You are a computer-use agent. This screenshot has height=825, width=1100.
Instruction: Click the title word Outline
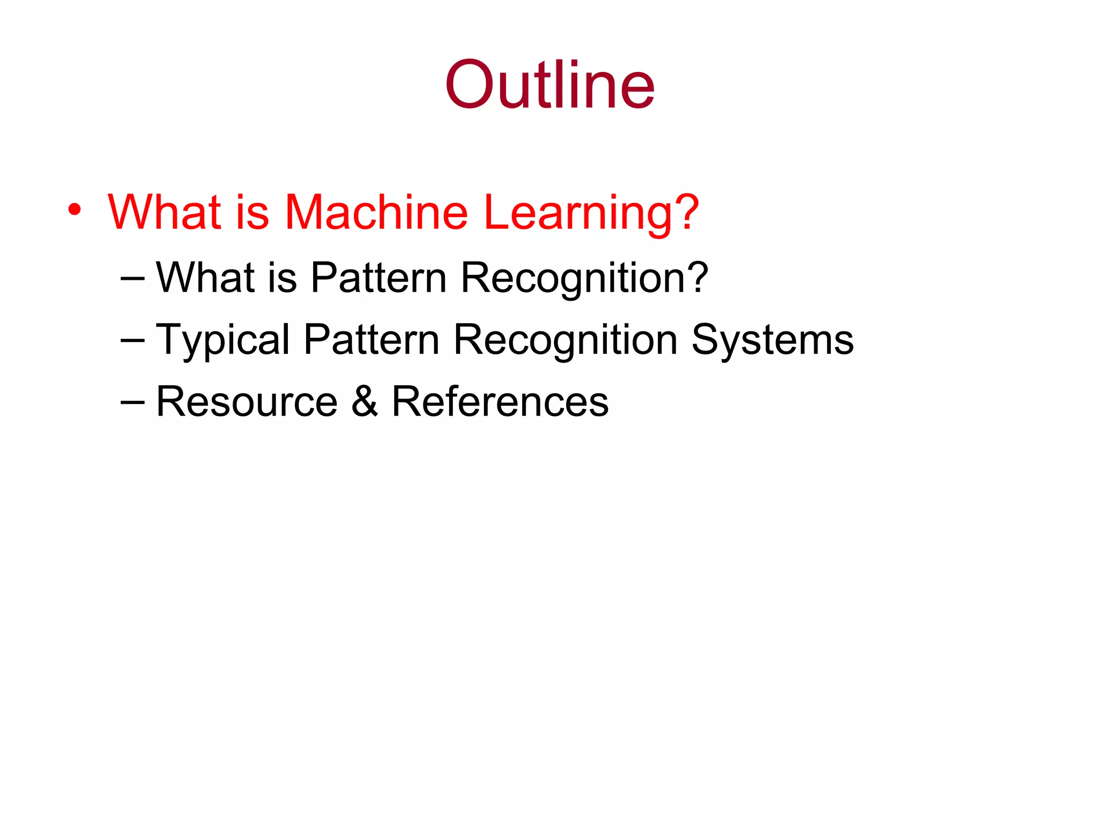coord(549,85)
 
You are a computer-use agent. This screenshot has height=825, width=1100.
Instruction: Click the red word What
coord(165,212)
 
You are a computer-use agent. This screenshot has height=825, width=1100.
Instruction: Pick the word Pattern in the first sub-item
coord(379,278)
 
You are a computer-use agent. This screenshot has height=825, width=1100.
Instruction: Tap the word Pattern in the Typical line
coord(371,339)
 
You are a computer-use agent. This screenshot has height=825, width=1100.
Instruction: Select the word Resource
coord(247,402)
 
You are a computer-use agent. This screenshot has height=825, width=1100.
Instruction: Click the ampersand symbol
coord(365,402)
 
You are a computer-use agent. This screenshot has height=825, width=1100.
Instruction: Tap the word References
coord(500,402)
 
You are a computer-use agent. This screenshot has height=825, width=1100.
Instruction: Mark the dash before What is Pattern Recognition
coord(133,278)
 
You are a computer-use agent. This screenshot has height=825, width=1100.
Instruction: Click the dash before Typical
coord(133,340)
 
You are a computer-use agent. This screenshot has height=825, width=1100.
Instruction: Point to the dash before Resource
coord(133,402)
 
